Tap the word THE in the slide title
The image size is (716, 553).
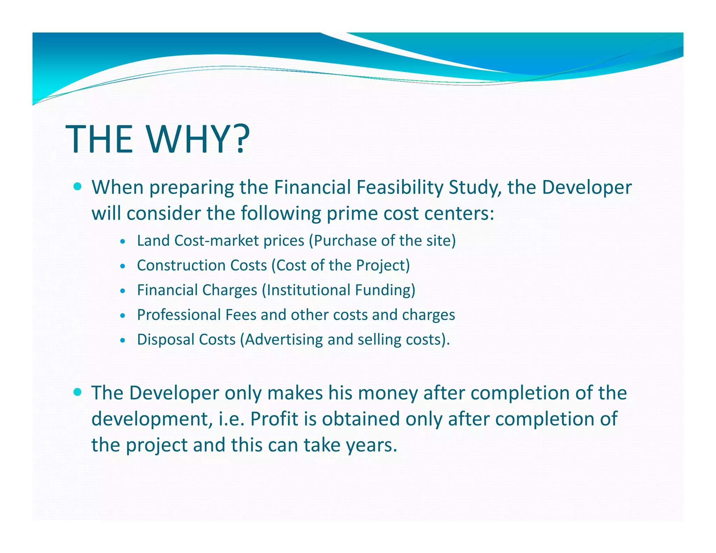pyautogui.click(x=99, y=139)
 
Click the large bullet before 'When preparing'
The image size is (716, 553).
pyautogui.click(x=78, y=186)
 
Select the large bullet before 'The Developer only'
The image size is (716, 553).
pyautogui.click(x=78, y=392)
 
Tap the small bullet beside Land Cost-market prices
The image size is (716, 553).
pyautogui.click(x=122, y=241)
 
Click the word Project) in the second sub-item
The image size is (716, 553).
pyautogui.click(x=383, y=265)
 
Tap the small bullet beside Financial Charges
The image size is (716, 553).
pyautogui.click(x=122, y=291)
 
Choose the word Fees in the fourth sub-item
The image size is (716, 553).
pyautogui.click(x=241, y=315)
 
